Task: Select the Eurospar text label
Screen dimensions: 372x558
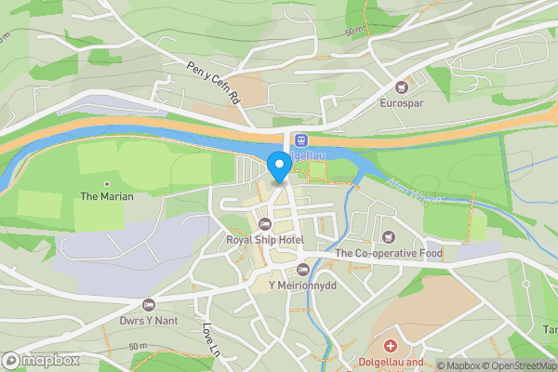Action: (x=402, y=103)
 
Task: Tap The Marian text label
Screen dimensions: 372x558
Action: (x=107, y=196)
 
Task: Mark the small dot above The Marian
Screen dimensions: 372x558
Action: (x=107, y=183)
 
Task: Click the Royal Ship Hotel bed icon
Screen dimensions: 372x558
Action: (x=265, y=224)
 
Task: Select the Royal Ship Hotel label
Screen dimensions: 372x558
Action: (x=265, y=240)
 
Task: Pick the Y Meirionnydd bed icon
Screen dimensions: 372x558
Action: (x=301, y=270)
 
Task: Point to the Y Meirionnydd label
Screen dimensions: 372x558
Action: (x=301, y=286)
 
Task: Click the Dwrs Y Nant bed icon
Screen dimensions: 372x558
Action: (x=147, y=304)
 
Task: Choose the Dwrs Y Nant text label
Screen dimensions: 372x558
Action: (x=147, y=320)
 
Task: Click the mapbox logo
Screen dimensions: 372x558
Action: (x=40, y=360)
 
